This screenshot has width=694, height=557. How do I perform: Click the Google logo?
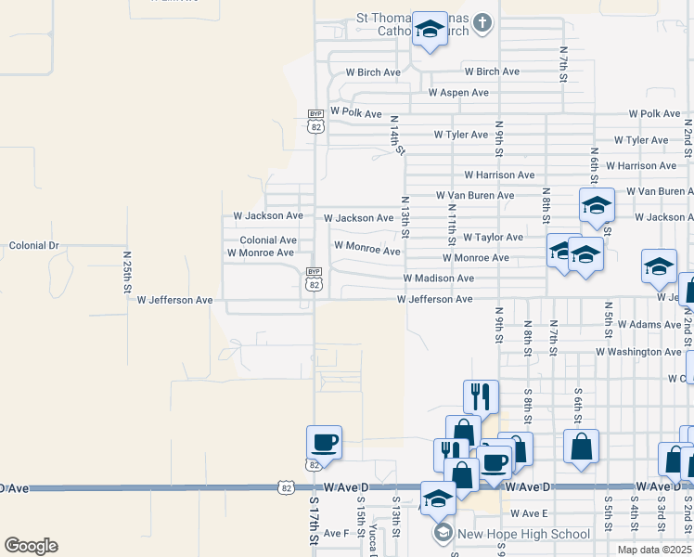point(31,546)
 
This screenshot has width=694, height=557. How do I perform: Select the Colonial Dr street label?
point(33,246)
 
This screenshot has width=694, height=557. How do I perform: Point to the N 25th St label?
point(127,270)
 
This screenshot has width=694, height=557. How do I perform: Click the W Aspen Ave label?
point(458,93)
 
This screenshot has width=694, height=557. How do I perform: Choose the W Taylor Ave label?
point(493,238)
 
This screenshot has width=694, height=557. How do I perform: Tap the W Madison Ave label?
point(438,278)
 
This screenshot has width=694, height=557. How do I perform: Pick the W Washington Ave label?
point(638,353)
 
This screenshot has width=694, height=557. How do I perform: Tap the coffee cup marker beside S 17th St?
point(324,442)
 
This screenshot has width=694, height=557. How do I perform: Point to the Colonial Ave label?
point(268,240)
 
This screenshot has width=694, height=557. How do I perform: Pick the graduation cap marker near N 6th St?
point(597,207)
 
